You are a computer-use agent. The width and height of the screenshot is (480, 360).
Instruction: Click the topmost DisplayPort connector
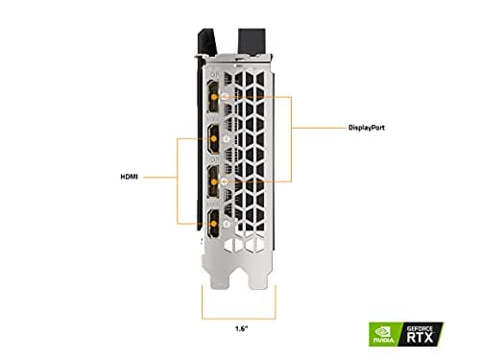click(x=209, y=98)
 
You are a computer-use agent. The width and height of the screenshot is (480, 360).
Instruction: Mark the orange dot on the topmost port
click(x=225, y=97)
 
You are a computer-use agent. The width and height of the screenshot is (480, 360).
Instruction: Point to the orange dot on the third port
click(x=225, y=180)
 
